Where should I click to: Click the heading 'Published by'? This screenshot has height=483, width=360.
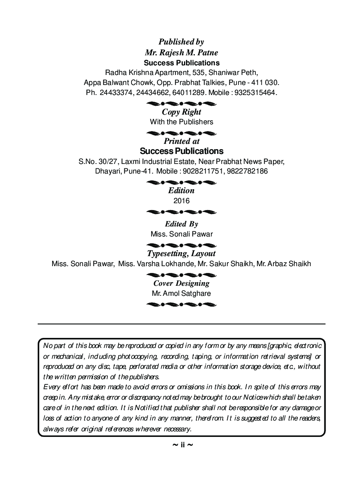[x=181, y=42]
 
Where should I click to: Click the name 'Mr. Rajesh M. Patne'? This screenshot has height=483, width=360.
[x=181, y=53]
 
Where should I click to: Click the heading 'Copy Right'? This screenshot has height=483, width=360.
[x=181, y=112]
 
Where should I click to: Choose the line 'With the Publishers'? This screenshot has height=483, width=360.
[x=181, y=122]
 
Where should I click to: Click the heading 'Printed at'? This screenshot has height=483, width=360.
[x=181, y=141]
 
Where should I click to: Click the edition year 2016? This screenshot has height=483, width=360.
[x=181, y=201]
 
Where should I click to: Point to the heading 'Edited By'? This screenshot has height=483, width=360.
[x=181, y=224]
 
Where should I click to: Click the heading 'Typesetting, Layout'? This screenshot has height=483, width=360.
[x=181, y=253]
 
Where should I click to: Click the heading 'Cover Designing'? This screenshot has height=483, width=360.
[x=181, y=283]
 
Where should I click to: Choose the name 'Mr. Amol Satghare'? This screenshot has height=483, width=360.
[x=181, y=293]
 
